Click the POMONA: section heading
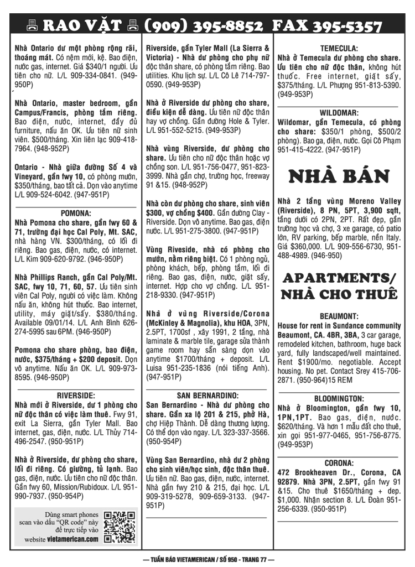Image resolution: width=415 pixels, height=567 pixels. pyautogui.click(x=75, y=212)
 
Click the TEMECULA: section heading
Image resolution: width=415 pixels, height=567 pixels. pyautogui.click(x=339, y=48)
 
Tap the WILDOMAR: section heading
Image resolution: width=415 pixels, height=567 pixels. pyautogui.click(x=339, y=112)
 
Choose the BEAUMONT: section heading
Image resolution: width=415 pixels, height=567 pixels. pyautogui.click(x=339, y=316)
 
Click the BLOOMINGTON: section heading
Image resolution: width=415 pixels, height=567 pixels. pyautogui.click(x=339, y=398)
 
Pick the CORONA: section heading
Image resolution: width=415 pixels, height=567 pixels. pyautogui.click(x=339, y=462)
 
